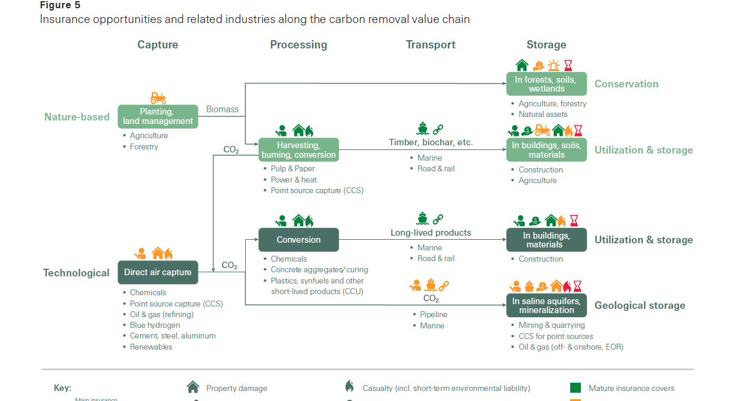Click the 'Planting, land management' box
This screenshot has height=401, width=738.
click(x=158, y=116)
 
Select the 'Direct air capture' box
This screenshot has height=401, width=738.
click(x=158, y=272)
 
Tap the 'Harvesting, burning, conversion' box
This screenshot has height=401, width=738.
click(x=298, y=150)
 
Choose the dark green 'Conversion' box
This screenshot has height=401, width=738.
click(x=298, y=240)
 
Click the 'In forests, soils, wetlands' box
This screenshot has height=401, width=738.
click(x=546, y=84)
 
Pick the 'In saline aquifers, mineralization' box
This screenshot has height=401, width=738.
click(x=546, y=305)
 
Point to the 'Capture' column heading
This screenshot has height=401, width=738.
click(x=158, y=45)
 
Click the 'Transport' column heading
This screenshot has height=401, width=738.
click(x=431, y=45)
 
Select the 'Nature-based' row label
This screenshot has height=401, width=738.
click(x=77, y=117)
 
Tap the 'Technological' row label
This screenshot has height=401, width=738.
click(x=76, y=273)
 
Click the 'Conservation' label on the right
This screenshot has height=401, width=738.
click(x=626, y=84)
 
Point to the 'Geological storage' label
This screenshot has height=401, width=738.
click(x=639, y=305)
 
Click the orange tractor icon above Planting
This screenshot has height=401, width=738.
click(x=158, y=97)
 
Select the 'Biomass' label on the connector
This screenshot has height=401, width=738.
click(x=222, y=109)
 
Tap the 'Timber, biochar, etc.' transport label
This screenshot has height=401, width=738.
click(x=431, y=142)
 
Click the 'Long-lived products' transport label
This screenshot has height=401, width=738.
click(x=431, y=233)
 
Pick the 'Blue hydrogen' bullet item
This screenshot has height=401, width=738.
click(x=155, y=325)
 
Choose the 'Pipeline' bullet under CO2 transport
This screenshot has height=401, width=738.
click(x=433, y=315)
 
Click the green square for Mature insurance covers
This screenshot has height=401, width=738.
click(x=575, y=388)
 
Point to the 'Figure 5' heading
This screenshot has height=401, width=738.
click(x=60, y=5)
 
